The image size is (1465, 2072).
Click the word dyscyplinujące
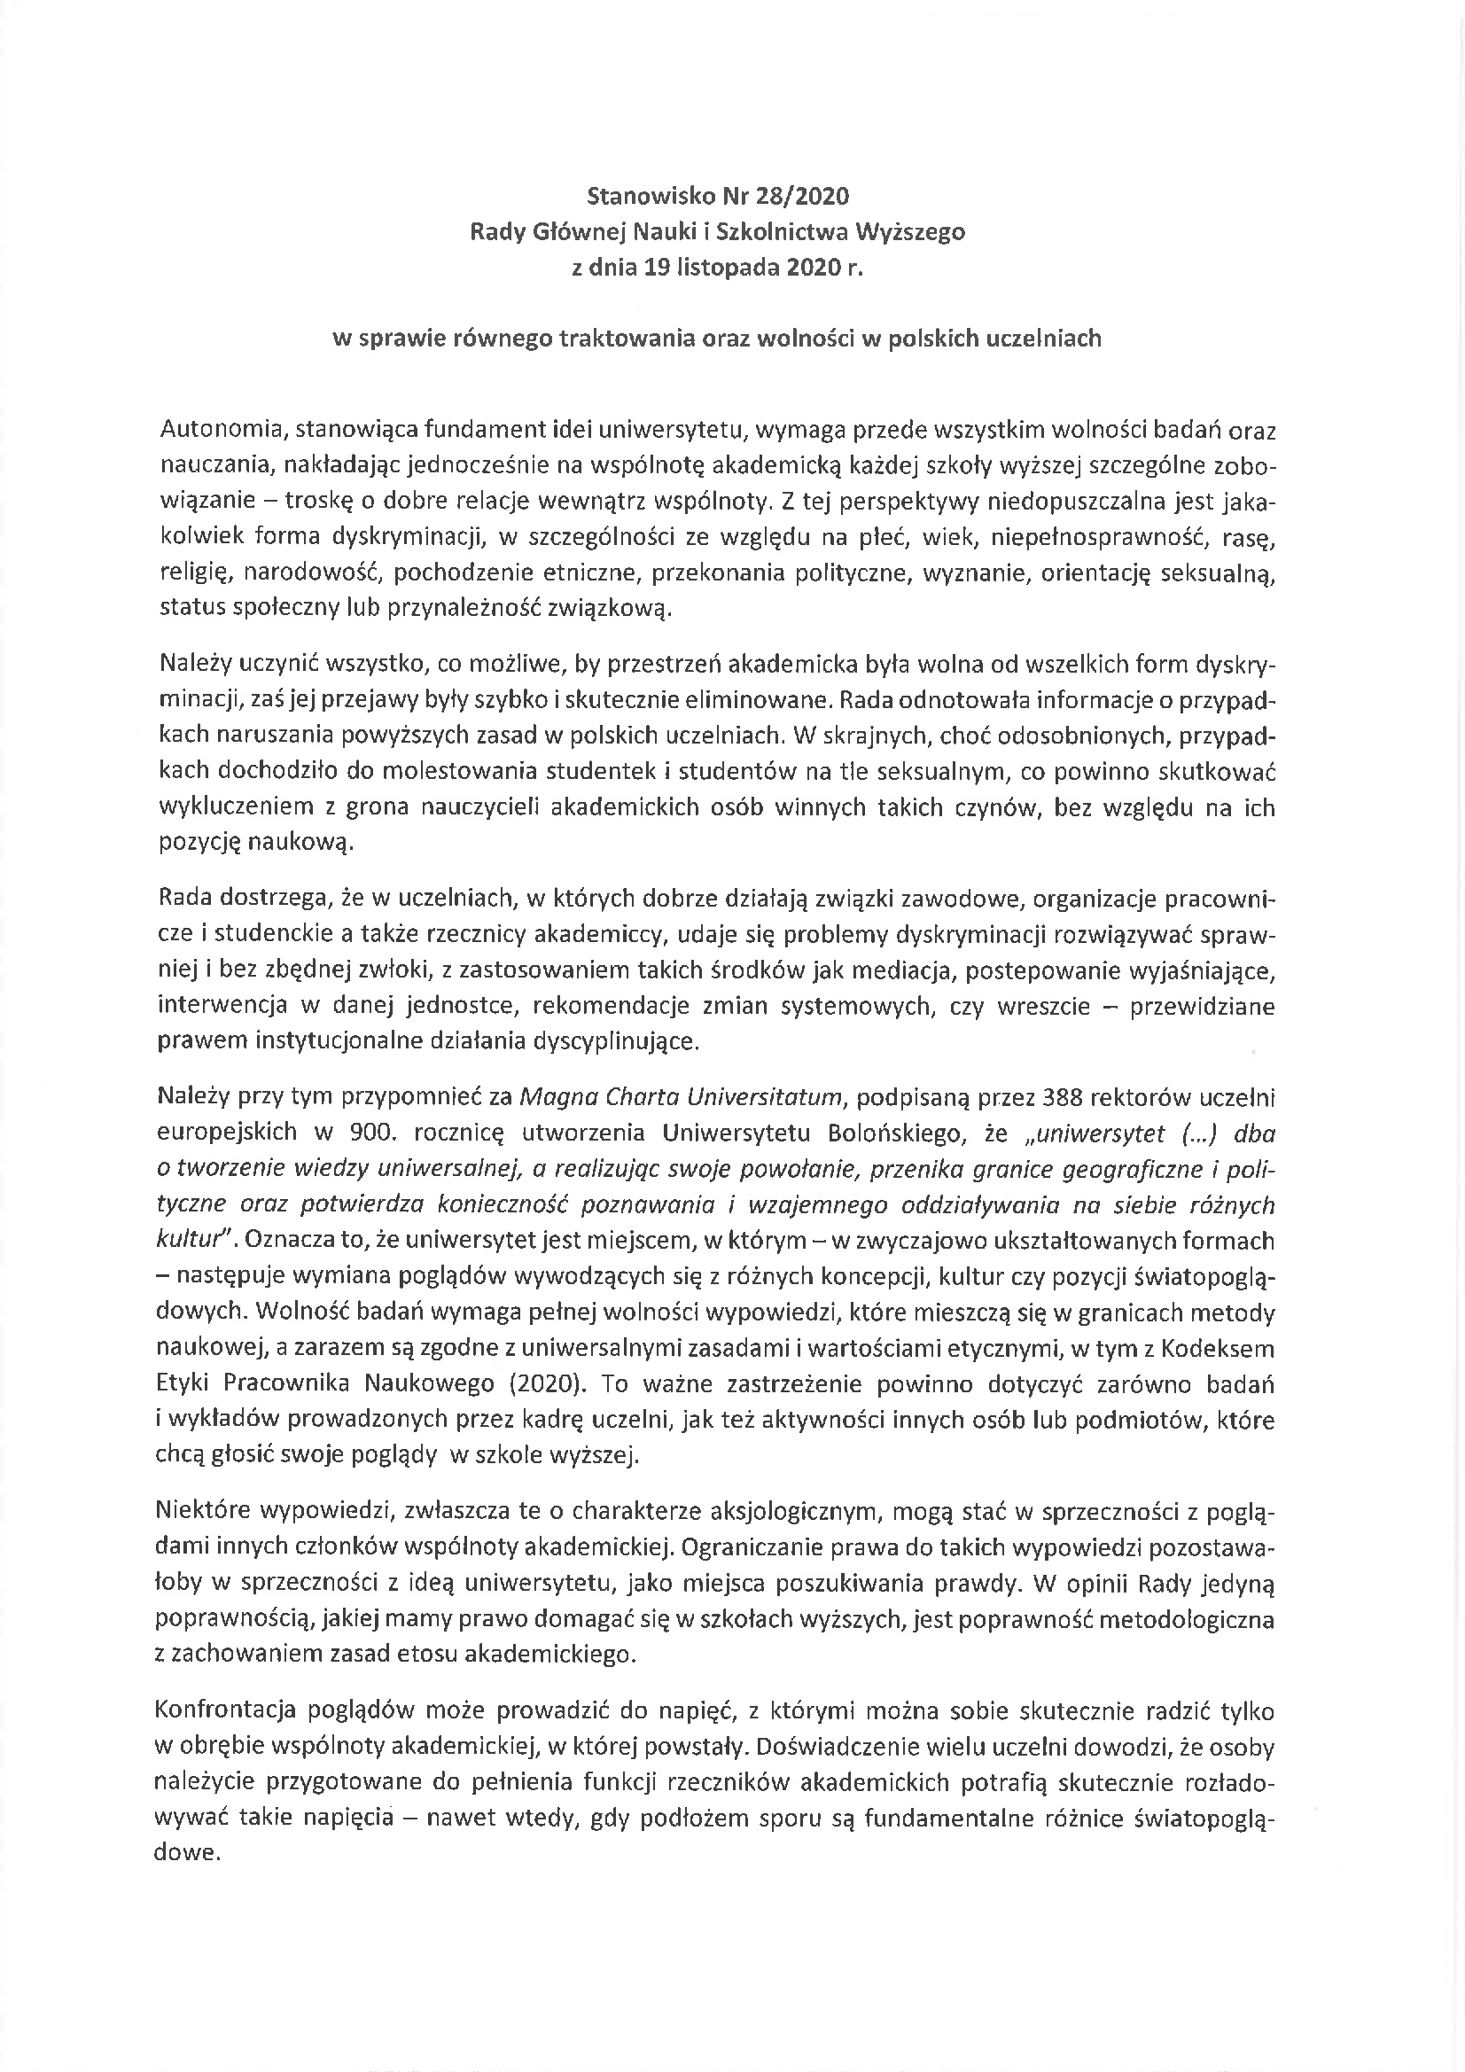pos(616,1041)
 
